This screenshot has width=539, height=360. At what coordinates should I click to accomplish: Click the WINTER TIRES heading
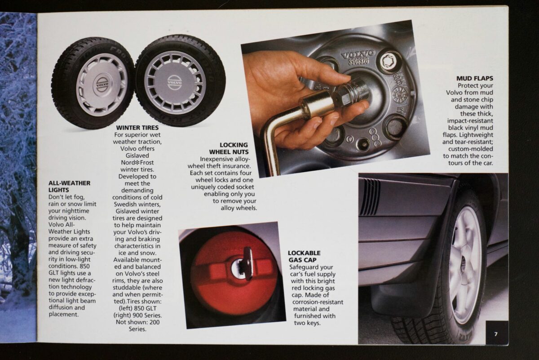[137, 128]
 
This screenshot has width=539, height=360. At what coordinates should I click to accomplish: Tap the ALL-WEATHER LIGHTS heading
[69, 187]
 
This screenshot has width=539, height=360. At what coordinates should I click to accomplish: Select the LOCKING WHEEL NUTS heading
[229, 148]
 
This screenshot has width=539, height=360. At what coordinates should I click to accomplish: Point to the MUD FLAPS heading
[475, 78]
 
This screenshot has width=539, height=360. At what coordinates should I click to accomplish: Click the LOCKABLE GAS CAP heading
[305, 257]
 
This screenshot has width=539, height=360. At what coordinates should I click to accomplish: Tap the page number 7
[496, 334]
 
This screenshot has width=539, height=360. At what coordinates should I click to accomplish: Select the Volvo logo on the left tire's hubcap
[102, 84]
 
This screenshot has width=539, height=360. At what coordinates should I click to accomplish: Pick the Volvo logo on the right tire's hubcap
[175, 82]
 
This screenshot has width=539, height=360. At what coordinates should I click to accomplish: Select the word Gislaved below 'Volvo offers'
[137, 156]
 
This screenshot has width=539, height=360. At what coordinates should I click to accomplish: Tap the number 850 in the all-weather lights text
[84, 266]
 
